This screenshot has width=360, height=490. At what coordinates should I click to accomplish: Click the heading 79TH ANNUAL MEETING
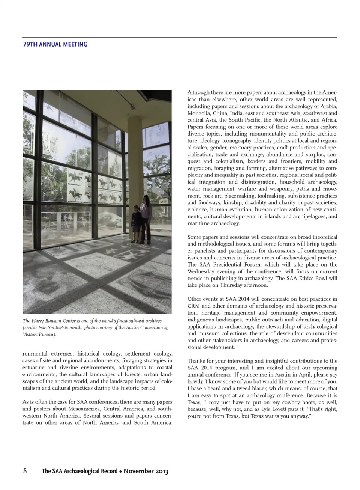pos(55,44)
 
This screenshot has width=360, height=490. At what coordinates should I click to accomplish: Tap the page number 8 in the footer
pos(25,471)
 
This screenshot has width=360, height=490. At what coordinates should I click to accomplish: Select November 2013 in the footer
pos(146,471)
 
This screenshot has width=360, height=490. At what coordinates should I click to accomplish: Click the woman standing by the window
pos(145,218)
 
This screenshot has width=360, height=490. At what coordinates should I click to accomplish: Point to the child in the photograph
pos(136,223)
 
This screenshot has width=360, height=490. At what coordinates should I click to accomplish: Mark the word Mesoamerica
pos(84,409)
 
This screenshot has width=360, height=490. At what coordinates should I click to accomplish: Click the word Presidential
pos(229,264)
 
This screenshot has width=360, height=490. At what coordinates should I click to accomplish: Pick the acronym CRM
pos(193,306)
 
